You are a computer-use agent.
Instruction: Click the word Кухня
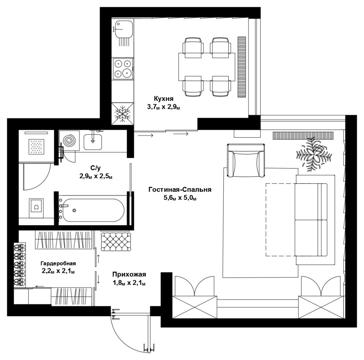coord(163,99)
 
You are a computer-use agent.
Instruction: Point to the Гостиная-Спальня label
coord(180,190)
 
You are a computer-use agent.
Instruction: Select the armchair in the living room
coord(246,160)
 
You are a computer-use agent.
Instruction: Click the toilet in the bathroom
coord(36,208)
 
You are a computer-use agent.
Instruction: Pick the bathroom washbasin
coord(93,142)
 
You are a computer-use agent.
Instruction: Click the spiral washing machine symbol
coord(69,141)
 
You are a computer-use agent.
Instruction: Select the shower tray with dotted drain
coord(36,147)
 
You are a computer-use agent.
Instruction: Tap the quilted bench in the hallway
coord(116,241)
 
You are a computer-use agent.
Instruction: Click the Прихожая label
coord(129,275)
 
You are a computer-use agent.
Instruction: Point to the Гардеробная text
coord(58,264)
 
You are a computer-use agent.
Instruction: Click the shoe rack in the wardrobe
coord(20,265)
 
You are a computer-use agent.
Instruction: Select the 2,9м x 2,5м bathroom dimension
coord(96,176)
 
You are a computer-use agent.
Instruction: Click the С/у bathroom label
coord(95,167)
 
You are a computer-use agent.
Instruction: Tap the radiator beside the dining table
coord(242,67)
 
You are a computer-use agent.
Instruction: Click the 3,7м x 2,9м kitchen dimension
coord(163,107)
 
